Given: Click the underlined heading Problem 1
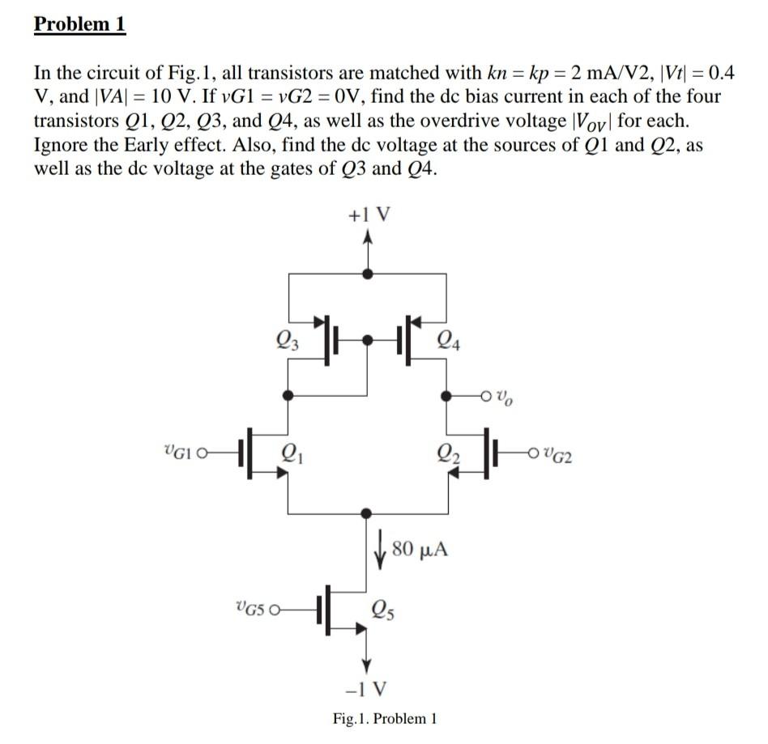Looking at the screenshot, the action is (x=80, y=23).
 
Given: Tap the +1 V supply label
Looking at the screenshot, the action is (x=369, y=215).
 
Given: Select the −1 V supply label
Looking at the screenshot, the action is (x=366, y=689).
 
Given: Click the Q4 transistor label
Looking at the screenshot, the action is (x=448, y=340).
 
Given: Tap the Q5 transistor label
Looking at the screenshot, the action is (x=383, y=610).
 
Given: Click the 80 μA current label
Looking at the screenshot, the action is (x=420, y=549).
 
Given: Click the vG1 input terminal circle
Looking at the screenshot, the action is (x=201, y=453).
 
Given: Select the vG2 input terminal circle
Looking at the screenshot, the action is (x=533, y=453).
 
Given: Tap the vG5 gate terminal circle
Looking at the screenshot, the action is (x=275, y=610).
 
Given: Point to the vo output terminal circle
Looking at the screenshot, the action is (x=486, y=395).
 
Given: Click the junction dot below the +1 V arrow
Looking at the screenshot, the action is (x=367, y=274).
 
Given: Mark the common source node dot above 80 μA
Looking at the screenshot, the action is (x=366, y=513).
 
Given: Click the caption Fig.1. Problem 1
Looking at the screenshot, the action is (x=385, y=719).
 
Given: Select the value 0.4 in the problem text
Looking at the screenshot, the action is (x=722, y=73).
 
